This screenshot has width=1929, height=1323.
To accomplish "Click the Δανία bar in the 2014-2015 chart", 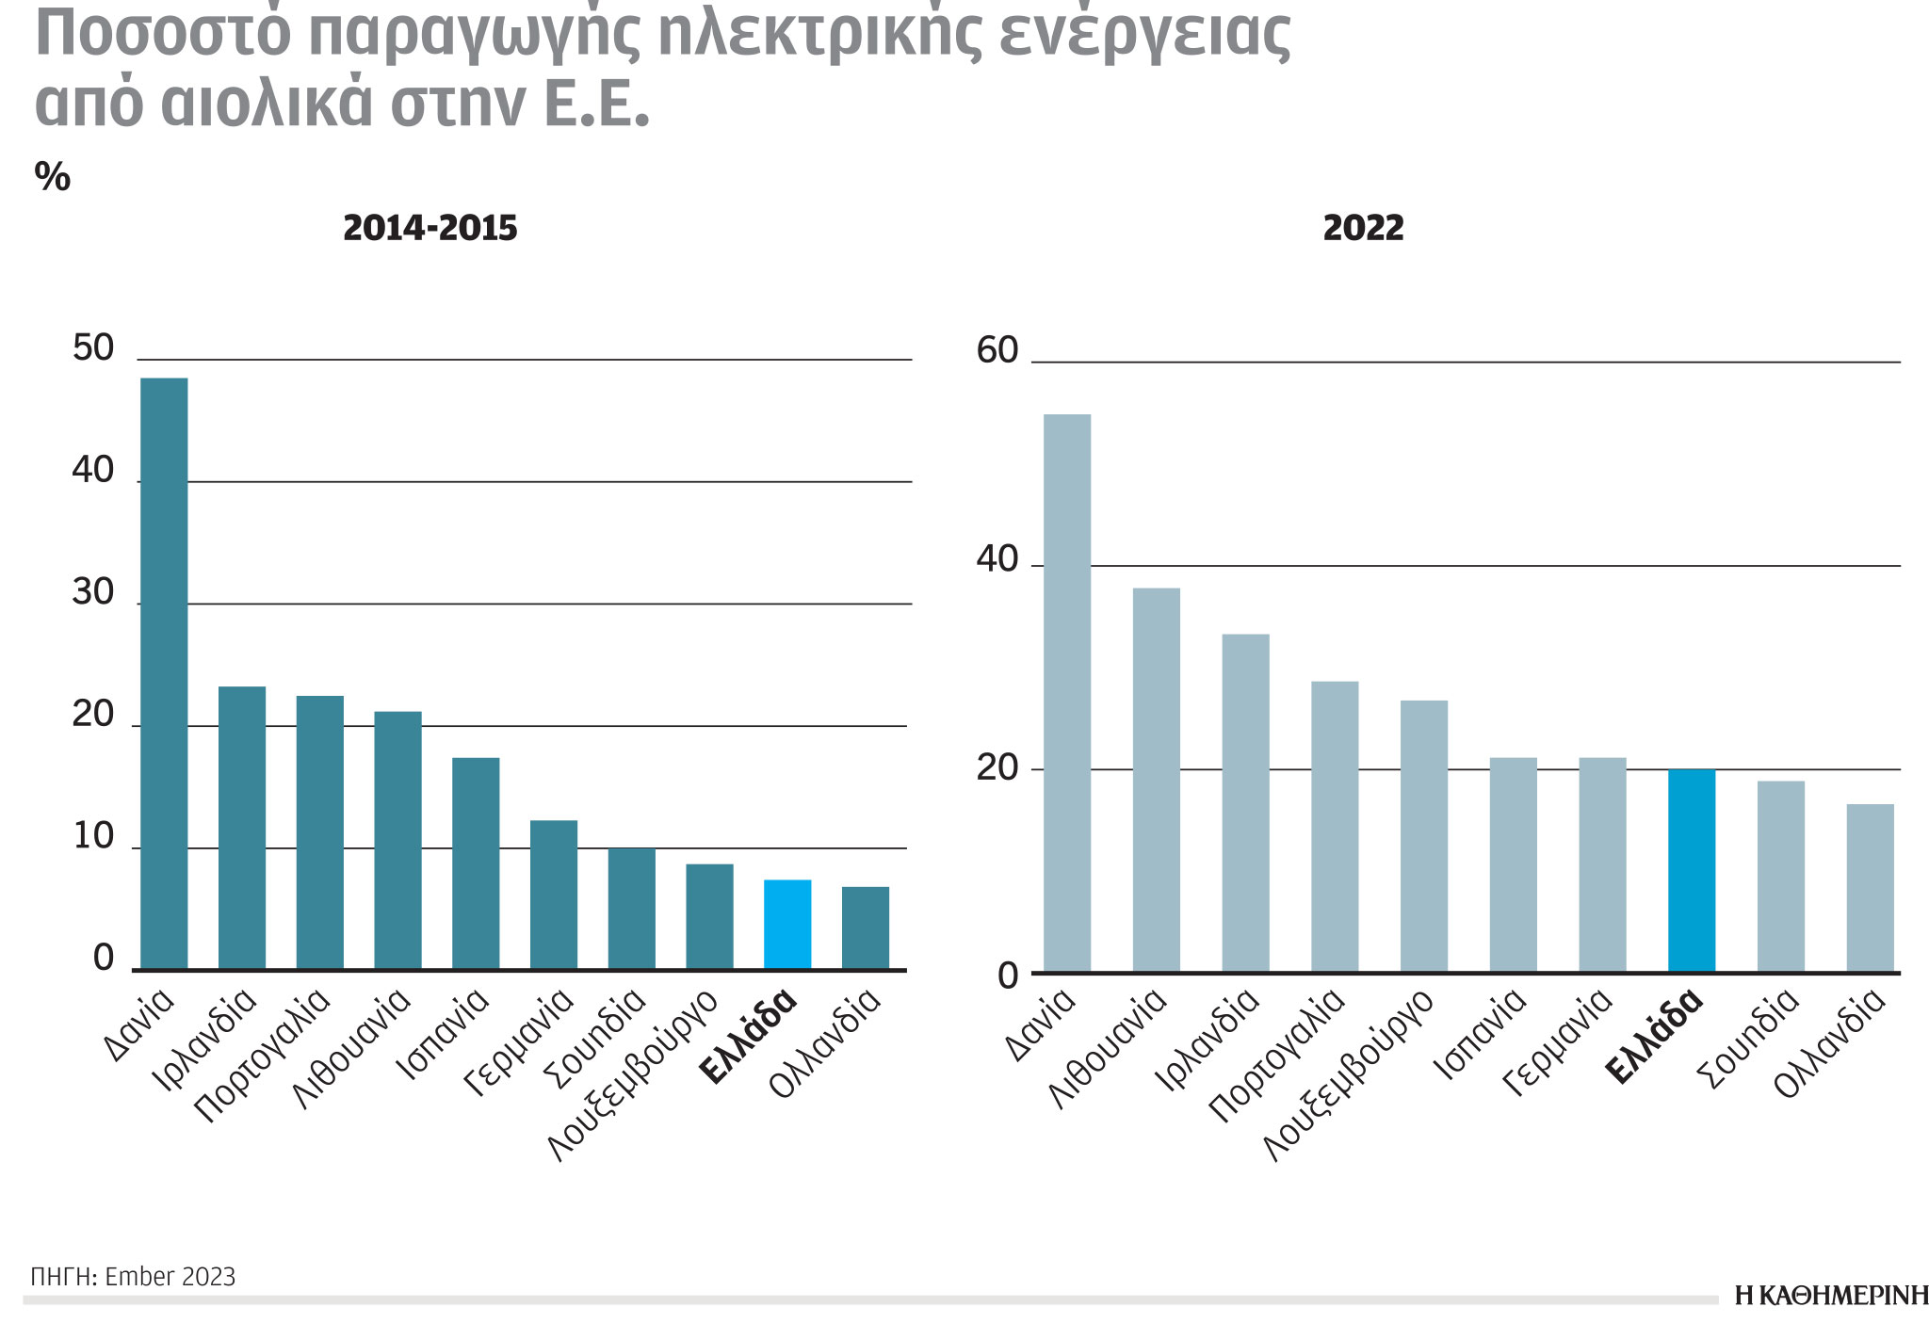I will [x=164, y=673].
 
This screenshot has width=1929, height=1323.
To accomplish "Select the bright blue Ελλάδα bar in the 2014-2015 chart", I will [x=786, y=925].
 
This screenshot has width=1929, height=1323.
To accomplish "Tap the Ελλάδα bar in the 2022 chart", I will [x=1691, y=871].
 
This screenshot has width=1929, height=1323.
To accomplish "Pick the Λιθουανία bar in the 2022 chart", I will [x=1156, y=780].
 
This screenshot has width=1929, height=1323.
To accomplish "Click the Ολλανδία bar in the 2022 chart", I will [x=1870, y=888].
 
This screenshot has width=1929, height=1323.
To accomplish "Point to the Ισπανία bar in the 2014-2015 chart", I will [x=476, y=863].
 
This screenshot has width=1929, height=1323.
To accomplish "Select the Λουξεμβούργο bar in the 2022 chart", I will [x=1423, y=836].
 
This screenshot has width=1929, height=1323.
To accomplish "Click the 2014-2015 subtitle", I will [x=430, y=229].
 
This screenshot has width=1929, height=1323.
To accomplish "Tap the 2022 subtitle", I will [x=1363, y=229].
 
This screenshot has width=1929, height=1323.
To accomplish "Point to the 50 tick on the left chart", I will [x=93, y=348].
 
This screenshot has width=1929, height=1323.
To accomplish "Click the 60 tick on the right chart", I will [x=997, y=351].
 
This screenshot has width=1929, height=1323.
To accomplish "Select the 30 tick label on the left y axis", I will [x=93, y=592].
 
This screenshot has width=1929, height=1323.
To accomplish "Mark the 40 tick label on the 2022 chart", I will [x=997, y=559].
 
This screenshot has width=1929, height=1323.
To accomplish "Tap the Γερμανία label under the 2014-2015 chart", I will [x=519, y=1043].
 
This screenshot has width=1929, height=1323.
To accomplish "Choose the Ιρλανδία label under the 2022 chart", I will [x=1208, y=1041].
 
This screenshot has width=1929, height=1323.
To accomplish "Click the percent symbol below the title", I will [x=53, y=177].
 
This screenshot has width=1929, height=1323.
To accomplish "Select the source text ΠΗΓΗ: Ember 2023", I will [x=133, y=1277].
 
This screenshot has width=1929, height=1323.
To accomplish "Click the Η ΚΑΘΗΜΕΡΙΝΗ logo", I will [x=1830, y=1297].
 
